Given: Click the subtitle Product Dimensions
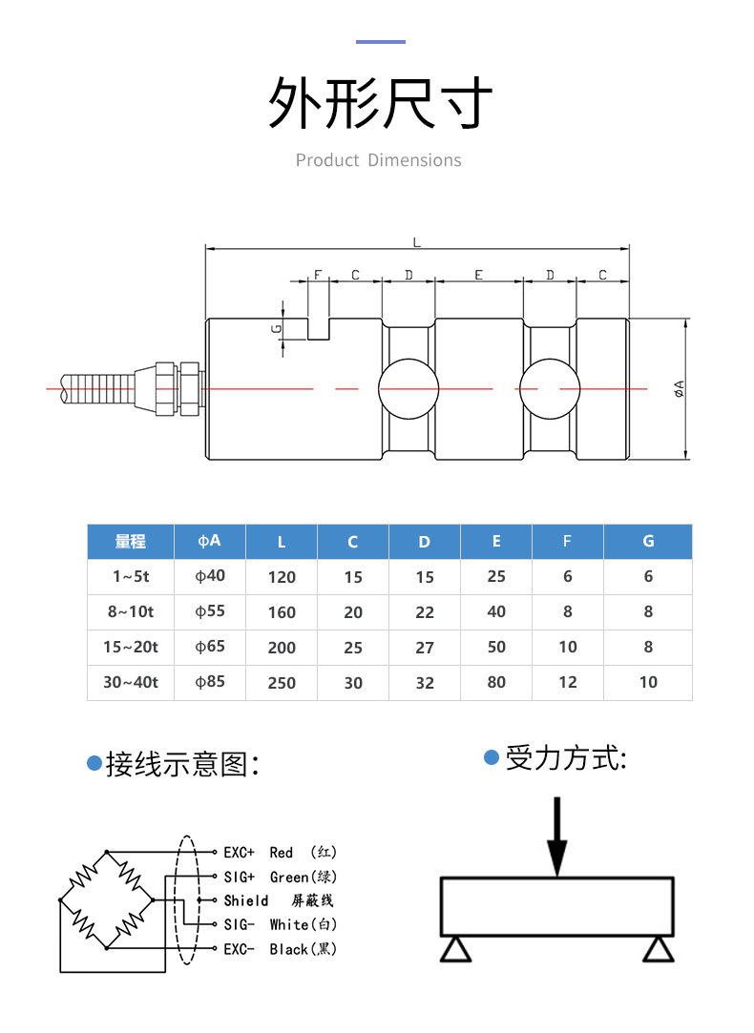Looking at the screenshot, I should point(378,160).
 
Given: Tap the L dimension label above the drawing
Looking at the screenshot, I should point(416,242).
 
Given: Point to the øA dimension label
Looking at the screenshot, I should point(679,388).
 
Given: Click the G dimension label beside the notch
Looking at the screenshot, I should point(276,328).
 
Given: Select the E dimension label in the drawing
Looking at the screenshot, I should point(479,275).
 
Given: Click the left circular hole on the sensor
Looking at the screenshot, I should point(408,389).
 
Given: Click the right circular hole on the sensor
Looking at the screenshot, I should point(550,389).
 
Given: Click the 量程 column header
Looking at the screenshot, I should point(131,542).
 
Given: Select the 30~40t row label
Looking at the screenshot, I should point(131,682).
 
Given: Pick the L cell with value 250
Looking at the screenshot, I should point(282,683).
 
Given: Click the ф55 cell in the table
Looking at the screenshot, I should point(210,611).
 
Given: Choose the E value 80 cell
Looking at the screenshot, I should point(496,683).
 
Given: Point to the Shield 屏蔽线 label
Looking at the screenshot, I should point(278,900).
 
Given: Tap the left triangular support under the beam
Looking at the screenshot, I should point(454,949).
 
